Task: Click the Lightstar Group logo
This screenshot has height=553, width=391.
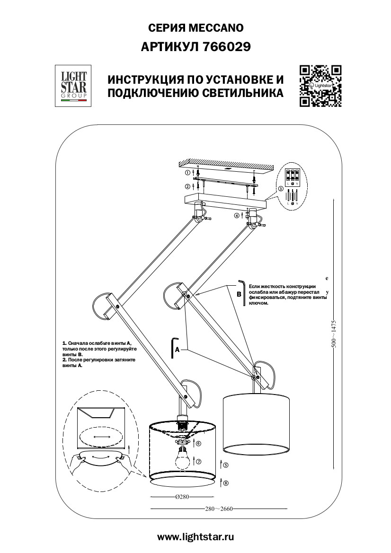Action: pyautogui.click(x=72, y=85)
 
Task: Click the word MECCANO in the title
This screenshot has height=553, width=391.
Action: pyautogui.click(x=216, y=28)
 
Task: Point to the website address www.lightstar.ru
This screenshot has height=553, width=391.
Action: pyautogui.click(x=195, y=536)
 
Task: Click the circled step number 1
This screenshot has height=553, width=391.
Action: pyautogui.click(x=187, y=173)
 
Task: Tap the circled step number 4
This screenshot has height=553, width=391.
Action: pyautogui.click(x=236, y=215)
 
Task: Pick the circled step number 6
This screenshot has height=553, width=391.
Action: pyautogui.click(x=199, y=444)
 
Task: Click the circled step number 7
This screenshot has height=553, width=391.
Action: pyautogui.click(x=199, y=462)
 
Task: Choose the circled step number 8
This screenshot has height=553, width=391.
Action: pyautogui.click(x=226, y=483)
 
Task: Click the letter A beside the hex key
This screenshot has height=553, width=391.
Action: pyautogui.click(x=177, y=350)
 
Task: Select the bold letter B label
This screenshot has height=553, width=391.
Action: pyautogui.click(x=239, y=294)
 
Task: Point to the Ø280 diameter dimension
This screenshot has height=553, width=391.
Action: pyautogui.click(x=182, y=497)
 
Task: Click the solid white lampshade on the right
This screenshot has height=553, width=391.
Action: pyautogui.click(x=256, y=422)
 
